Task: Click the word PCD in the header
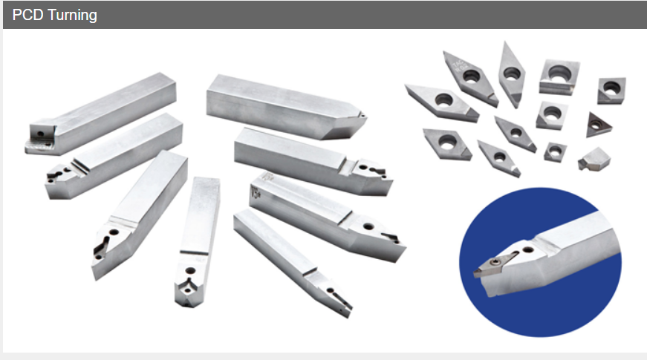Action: point(27,15)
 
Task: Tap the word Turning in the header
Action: point(72,16)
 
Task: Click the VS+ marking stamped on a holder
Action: point(256,192)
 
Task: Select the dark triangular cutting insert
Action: point(598,125)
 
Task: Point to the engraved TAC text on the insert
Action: point(460,65)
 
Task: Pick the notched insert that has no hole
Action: point(594,159)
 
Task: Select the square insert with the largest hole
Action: point(559,76)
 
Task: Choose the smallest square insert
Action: point(555,151)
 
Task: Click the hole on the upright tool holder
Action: point(190,271)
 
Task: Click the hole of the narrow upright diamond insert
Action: point(512,73)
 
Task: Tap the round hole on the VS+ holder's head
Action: point(368,226)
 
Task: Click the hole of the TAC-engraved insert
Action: point(472,76)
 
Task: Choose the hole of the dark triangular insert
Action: point(596,125)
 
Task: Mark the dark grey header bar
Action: point(325,15)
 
